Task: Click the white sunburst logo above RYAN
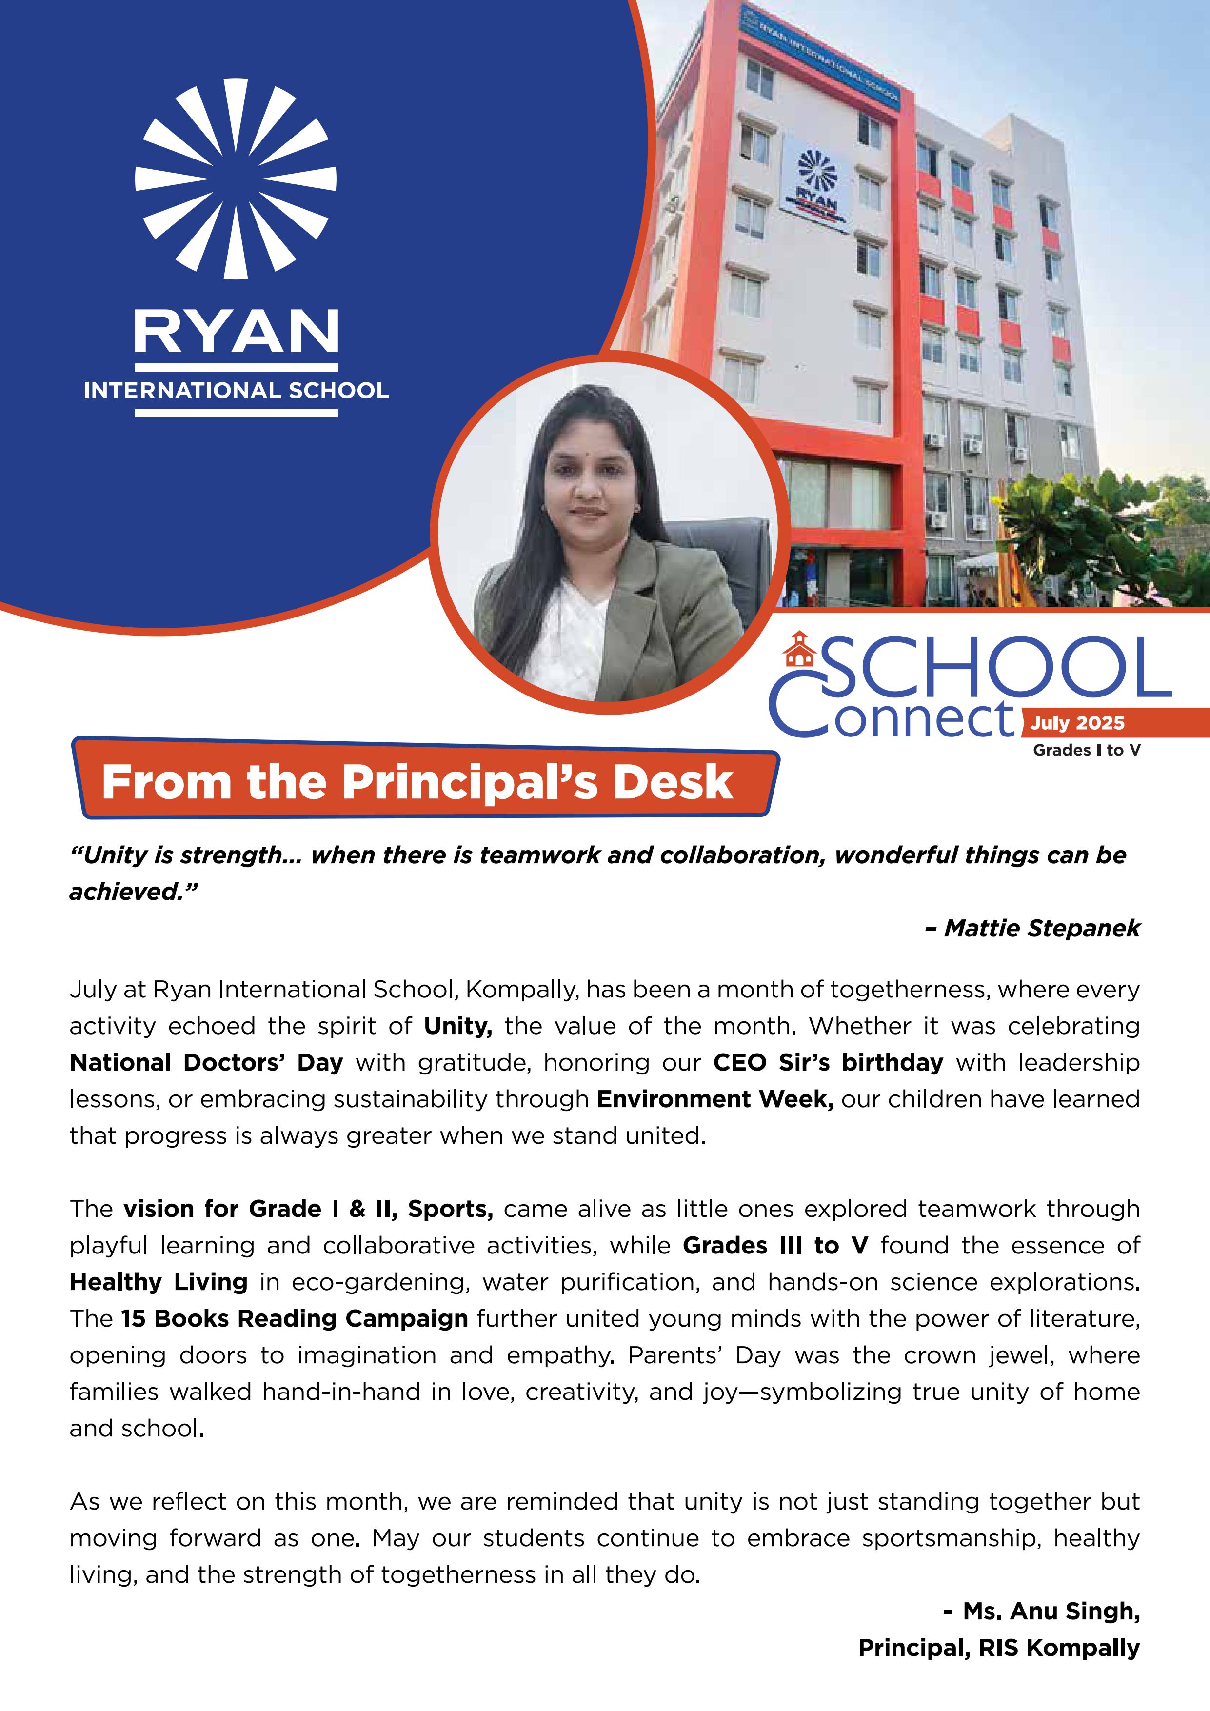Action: (x=236, y=179)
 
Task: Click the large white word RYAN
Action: (x=236, y=332)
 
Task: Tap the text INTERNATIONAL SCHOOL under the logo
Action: (x=236, y=391)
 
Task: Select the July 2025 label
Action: (x=1077, y=723)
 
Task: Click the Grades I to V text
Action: (x=1086, y=751)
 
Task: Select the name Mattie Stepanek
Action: (x=1042, y=928)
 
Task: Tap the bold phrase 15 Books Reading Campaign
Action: (x=294, y=1318)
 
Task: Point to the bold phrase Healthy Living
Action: (x=159, y=1282)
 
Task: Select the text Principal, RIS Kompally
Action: (x=998, y=1648)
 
